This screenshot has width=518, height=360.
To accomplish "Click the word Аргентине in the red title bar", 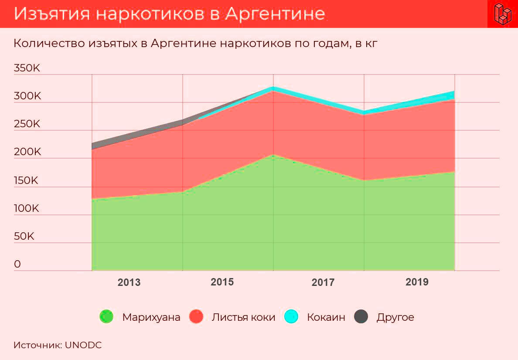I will (275, 14).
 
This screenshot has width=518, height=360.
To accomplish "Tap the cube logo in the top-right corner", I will (502, 14).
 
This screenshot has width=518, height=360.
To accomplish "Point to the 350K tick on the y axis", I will (27, 68).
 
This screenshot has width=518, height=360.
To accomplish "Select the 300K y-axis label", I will (27, 96).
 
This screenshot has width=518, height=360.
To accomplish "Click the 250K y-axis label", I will (27, 124).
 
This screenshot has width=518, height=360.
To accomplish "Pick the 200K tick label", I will (27, 153).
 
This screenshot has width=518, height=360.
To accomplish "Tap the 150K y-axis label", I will (27, 180).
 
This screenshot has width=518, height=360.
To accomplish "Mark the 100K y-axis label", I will (27, 209).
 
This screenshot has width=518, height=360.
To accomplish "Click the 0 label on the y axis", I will (17, 265).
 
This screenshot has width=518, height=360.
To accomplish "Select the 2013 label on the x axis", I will (129, 282).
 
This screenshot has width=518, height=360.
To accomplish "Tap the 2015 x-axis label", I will (222, 282).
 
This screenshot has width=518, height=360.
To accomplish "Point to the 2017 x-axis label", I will (323, 282).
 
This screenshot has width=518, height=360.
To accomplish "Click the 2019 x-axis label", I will (417, 282).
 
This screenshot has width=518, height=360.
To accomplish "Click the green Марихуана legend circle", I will (106, 317).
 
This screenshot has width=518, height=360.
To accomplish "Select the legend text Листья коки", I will (243, 317).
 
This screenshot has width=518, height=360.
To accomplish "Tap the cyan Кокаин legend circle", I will (291, 317).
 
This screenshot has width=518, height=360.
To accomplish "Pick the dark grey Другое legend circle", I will (361, 317).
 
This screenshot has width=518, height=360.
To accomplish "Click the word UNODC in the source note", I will (83, 345).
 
